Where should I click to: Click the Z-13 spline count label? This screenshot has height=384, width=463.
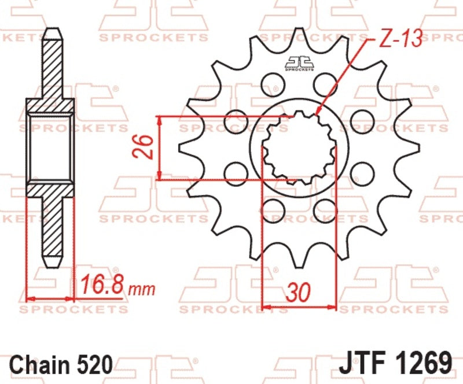coord(400,38)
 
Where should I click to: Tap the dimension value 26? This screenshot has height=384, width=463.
coord(143,147)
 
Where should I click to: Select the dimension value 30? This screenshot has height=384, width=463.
coord(299,293)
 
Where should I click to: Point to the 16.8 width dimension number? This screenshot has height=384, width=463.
coord(104,285)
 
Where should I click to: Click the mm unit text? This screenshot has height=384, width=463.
coord(142,289)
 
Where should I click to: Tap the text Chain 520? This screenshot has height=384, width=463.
coord(61,365)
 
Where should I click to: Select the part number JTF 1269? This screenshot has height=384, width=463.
coord(395,363)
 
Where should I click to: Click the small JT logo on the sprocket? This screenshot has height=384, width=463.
coord(299,63)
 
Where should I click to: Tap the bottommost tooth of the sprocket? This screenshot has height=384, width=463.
coord(299,260)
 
